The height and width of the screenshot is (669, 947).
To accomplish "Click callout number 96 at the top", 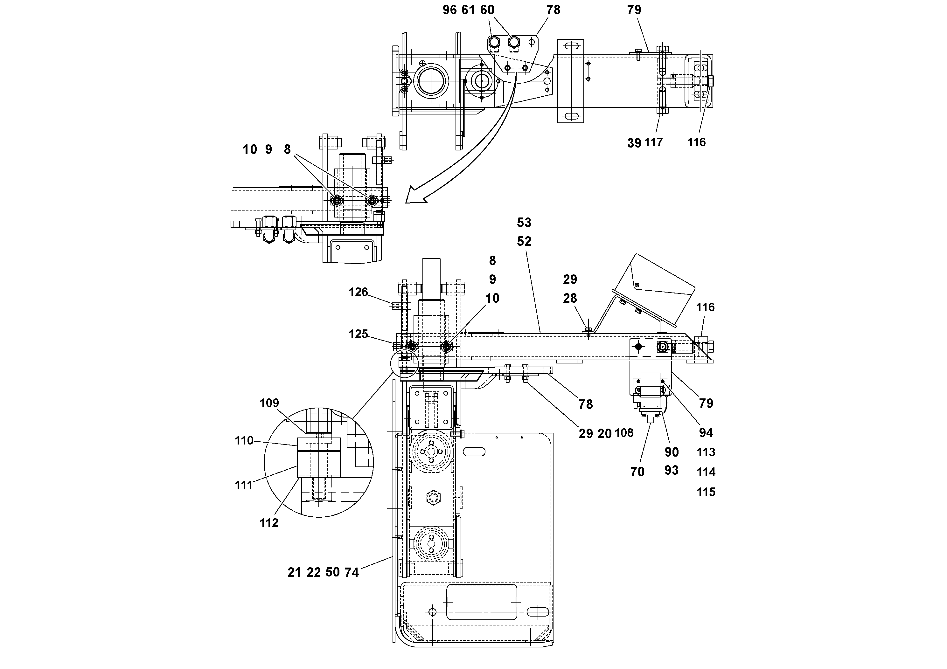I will coord(449,10).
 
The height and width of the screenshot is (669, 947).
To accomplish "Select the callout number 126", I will coord(358,292).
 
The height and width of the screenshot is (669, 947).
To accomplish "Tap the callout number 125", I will coord(358,334).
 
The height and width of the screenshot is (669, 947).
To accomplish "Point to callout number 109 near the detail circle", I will coord(269,403).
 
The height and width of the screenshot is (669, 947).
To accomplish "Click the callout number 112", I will coord(269,523).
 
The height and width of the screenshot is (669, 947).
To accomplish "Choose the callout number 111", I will coord(244,485).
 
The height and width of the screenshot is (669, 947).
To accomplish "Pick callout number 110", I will coord(244,441).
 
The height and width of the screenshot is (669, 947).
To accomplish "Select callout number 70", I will coord(637,472).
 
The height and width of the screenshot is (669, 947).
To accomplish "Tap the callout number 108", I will coord(624,433).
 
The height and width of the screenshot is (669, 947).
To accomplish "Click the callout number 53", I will coord(524,223).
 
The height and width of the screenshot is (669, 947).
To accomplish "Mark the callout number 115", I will coord(706,492).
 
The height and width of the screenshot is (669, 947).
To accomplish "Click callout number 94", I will coord(706,433).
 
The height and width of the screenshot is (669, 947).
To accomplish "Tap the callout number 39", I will coord(634,143).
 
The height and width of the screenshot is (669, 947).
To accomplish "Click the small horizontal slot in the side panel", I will coord(474,452).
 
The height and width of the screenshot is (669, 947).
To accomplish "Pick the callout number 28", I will coord(570,298).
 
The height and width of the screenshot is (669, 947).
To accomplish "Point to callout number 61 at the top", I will coord(468,10).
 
